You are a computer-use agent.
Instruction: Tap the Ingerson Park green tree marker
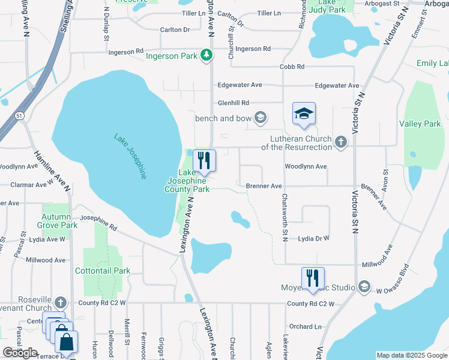pyautogui.click(x=207, y=56)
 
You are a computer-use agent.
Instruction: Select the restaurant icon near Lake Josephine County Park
pyautogui.click(x=203, y=160)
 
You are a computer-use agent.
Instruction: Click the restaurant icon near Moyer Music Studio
pyautogui.click(x=313, y=278)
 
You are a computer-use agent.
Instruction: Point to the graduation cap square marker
pyautogui.click(x=304, y=113)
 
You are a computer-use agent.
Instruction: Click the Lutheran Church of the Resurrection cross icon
pyautogui.click(x=341, y=142)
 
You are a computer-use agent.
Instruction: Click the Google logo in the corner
pyautogui.click(x=20, y=353)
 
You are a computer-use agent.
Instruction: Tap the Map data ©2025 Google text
pyautogui.click(x=411, y=355)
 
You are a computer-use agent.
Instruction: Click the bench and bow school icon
pyautogui.click(x=261, y=118)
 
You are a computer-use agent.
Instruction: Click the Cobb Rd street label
pyautogui.click(x=292, y=67)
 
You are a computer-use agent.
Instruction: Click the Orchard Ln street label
pyautogui.click(x=305, y=326)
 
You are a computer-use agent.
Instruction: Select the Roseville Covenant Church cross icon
pyautogui.click(x=61, y=302)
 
